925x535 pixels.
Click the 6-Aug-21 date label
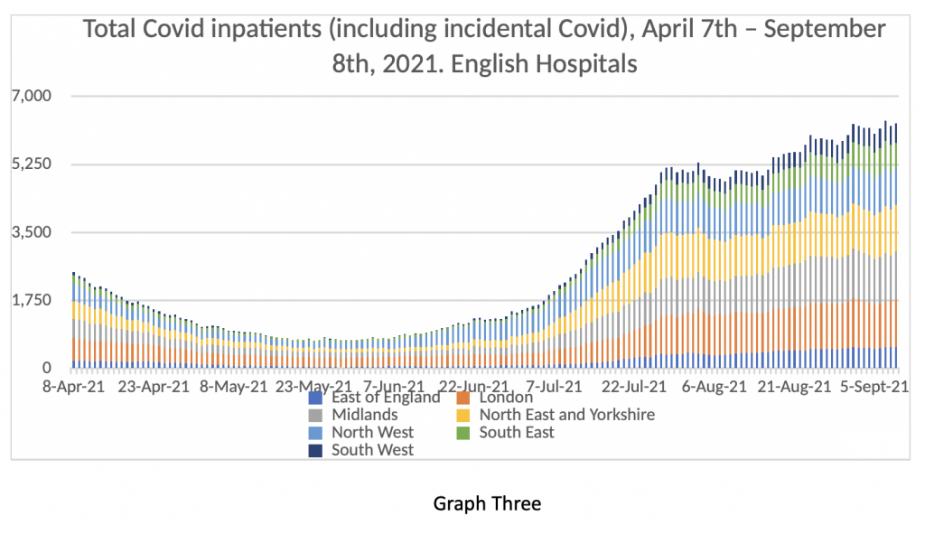715,385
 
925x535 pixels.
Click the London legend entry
506,398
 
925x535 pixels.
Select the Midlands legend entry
364,415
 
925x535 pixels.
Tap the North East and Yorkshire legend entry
566,415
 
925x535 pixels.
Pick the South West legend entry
372,449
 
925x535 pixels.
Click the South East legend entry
516,432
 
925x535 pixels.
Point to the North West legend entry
372,432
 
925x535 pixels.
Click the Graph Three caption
487,502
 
